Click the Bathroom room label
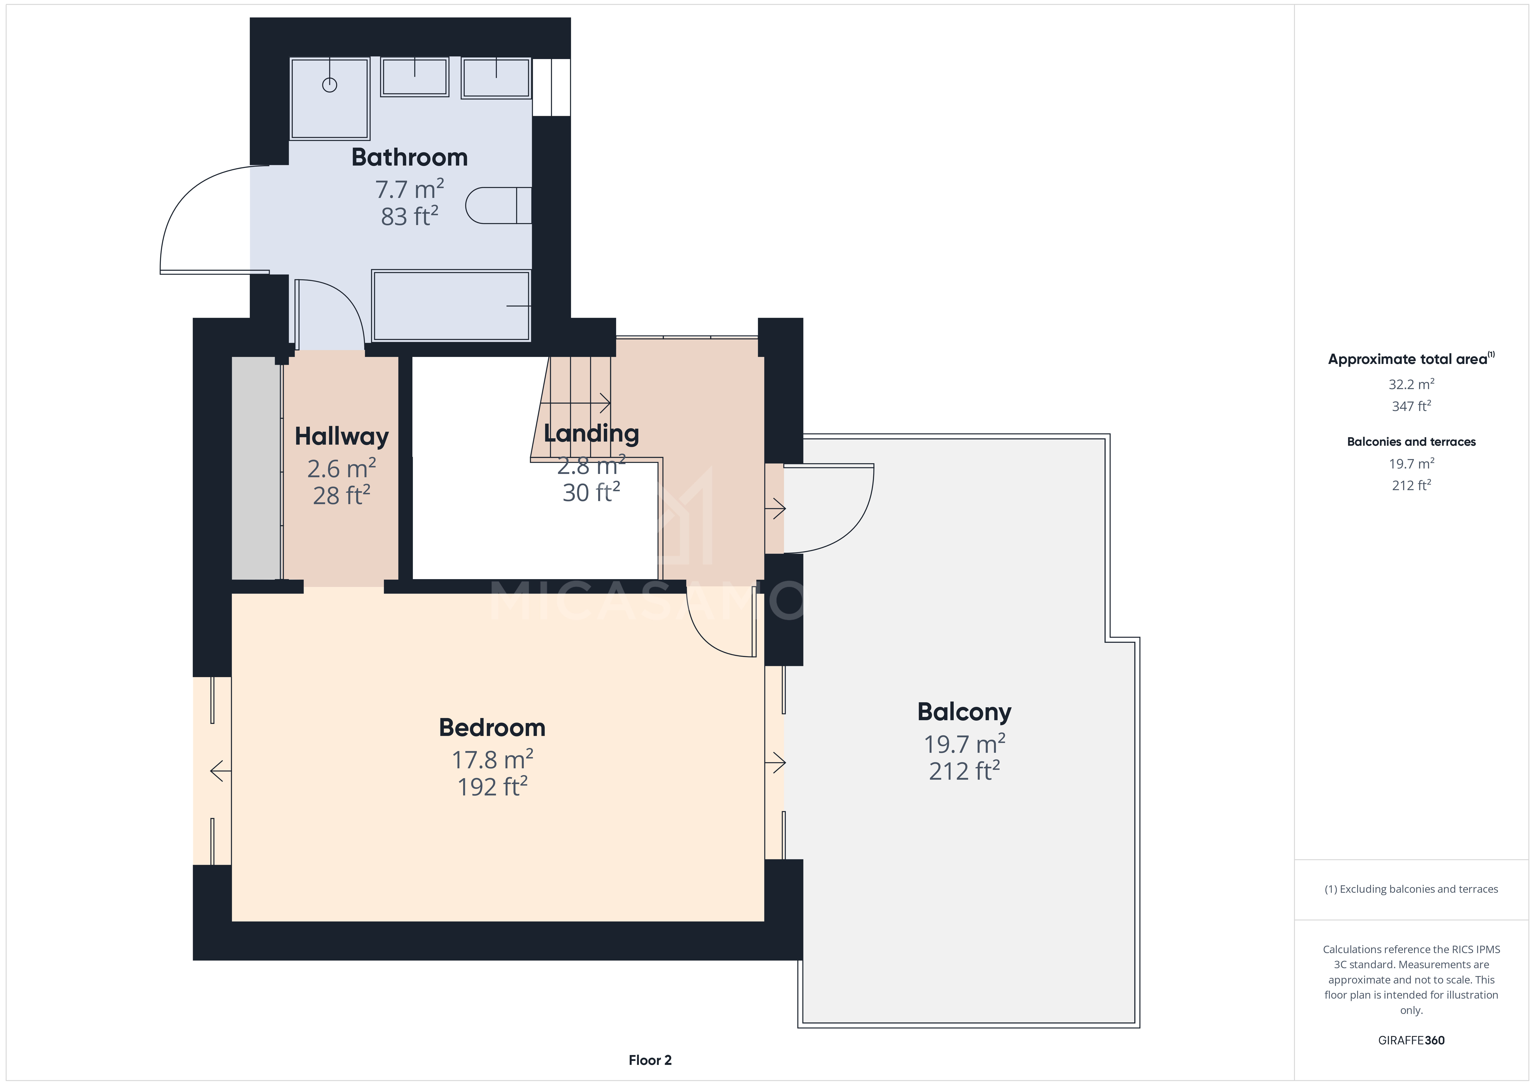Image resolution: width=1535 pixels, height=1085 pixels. click(x=409, y=157)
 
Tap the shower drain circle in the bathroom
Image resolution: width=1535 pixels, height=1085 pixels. click(x=329, y=85)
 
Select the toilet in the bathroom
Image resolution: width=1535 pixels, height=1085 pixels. click(x=498, y=205)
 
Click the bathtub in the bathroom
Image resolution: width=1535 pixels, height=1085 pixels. click(x=451, y=306)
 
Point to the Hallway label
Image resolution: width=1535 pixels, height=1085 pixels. click(x=342, y=437)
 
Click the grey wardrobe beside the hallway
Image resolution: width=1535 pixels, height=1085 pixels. click(x=255, y=468)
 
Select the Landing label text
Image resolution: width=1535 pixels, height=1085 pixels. click(x=591, y=434)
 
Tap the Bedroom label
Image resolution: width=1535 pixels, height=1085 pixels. click(x=492, y=727)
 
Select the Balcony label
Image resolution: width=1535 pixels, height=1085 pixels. click(x=964, y=712)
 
